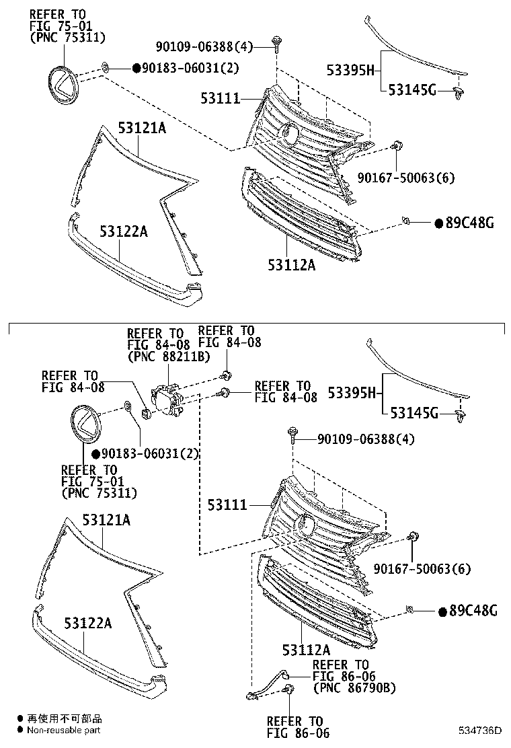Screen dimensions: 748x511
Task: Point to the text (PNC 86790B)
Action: [x=354, y=687]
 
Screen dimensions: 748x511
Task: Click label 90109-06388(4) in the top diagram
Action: [x=213, y=46]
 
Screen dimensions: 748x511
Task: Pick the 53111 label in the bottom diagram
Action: [x=227, y=504]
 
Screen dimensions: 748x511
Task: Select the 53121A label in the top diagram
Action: [x=142, y=127]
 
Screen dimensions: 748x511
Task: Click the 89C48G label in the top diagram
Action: [x=469, y=223]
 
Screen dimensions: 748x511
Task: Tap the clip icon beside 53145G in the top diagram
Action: [x=459, y=92]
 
